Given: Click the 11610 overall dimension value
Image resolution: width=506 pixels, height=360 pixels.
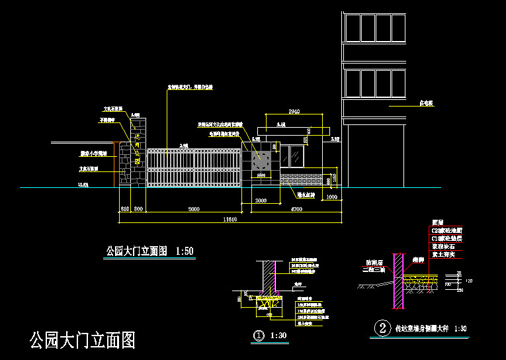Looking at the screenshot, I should pyautogui.click(x=230, y=218).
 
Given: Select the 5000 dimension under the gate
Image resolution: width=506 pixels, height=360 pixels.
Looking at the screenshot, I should pyautogui.click(x=193, y=209).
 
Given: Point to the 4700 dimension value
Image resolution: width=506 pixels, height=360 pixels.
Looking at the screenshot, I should pyautogui.click(x=297, y=209).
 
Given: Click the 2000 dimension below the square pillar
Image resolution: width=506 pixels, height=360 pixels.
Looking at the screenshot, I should pyautogui.click(x=261, y=200).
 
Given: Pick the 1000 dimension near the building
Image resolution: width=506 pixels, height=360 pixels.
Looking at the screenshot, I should pyautogui.click(x=331, y=198).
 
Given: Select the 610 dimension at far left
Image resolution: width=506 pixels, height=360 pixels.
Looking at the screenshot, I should pyautogui.click(x=124, y=209).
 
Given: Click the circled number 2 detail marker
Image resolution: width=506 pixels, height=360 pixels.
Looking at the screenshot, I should pyautogui.click(x=381, y=328).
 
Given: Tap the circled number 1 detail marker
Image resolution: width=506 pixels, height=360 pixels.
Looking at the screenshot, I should pyautogui.click(x=259, y=336).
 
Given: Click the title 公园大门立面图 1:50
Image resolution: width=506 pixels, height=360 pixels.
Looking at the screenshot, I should pyautogui.click(x=149, y=251).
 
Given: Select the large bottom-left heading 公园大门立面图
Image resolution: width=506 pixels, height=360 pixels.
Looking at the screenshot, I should pyautogui.click(x=83, y=341).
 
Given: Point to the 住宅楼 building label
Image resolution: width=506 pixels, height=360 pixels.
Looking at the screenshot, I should pyautogui.click(x=426, y=104).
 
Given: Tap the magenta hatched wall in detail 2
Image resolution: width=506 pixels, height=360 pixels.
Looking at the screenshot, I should pyautogui.click(x=398, y=281).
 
